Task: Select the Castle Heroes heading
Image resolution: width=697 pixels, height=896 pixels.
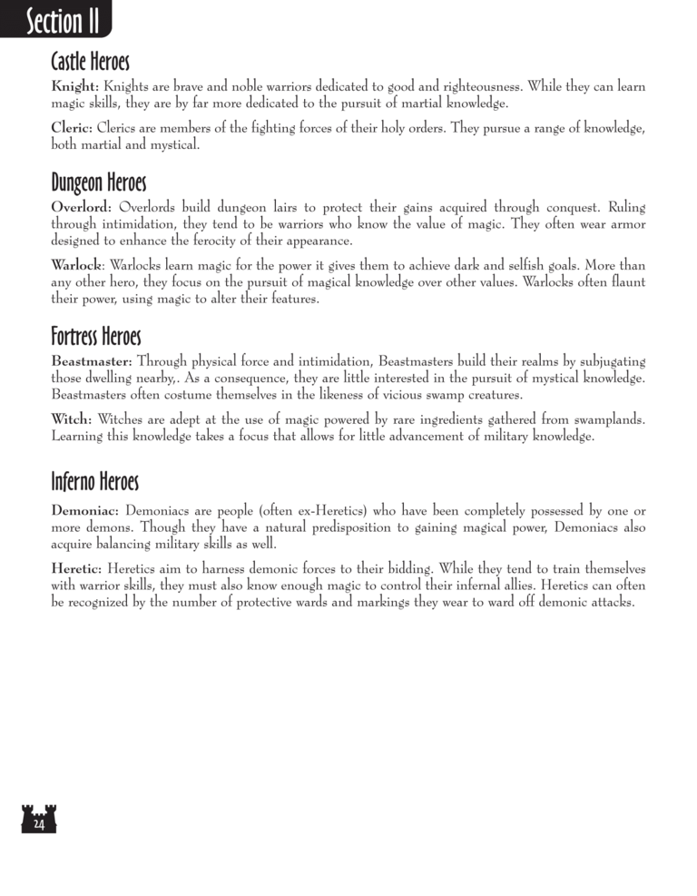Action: click(x=91, y=63)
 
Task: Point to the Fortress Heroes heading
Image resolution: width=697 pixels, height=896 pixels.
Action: click(x=96, y=338)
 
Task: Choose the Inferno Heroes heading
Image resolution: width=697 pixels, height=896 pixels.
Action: click(x=95, y=478)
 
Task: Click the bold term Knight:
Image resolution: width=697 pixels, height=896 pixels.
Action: click(x=75, y=87)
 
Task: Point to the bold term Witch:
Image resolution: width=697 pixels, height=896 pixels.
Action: click(x=72, y=420)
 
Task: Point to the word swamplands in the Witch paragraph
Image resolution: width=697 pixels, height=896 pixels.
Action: click(x=602, y=420)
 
